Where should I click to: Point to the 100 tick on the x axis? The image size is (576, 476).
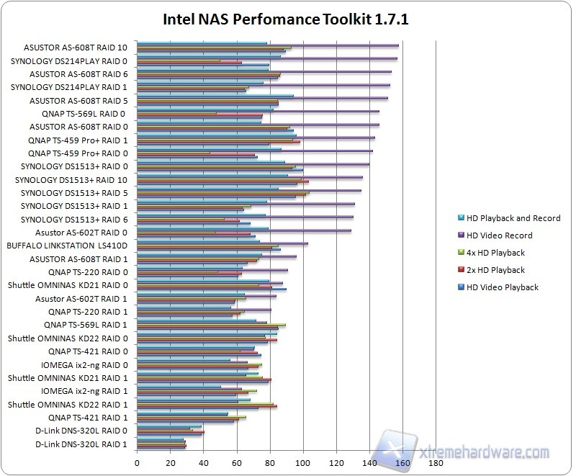[303, 463]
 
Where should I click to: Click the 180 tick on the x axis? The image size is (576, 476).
[436, 463]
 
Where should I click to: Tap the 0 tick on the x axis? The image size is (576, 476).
[138, 463]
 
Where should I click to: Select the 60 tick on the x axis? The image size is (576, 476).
[237, 463]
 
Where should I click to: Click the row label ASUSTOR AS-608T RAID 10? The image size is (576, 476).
[75, 48]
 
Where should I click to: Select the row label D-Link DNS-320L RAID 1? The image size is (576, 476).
[81, 444]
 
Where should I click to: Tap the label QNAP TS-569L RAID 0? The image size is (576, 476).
[84, 114]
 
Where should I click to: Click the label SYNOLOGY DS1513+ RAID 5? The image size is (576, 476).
[74, 193]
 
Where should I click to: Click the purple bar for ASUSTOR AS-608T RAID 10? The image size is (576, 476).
[267, 45]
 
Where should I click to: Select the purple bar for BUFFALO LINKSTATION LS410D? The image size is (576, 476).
[222, 243]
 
